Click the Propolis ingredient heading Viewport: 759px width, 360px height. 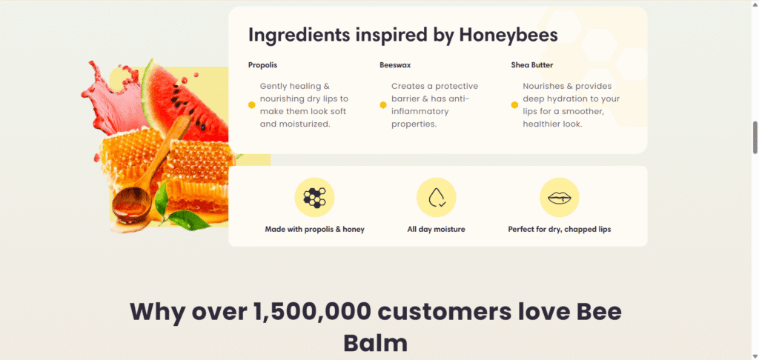click(263, 65)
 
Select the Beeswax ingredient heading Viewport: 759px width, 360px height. click(396, 65)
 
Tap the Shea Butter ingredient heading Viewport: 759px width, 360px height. click(532, 65)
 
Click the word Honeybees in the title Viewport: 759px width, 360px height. click(508, 36)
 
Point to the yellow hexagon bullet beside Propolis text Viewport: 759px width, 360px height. click(252, 105)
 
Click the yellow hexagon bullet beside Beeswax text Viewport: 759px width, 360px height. click(383, 105)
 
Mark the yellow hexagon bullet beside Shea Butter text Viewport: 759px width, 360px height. click(514, 105)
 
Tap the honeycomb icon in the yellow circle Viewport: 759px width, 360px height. click(314, 198)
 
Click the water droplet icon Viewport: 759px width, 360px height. click(437, 198)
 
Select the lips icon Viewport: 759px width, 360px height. click(560, 198)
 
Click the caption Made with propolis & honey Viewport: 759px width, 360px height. click(314, 230)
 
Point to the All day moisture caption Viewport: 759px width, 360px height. click(436, 230)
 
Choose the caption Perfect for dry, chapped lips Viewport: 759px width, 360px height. click(560, 230)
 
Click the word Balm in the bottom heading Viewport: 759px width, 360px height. click(376, 343)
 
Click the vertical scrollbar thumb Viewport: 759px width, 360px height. click(755, 138)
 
